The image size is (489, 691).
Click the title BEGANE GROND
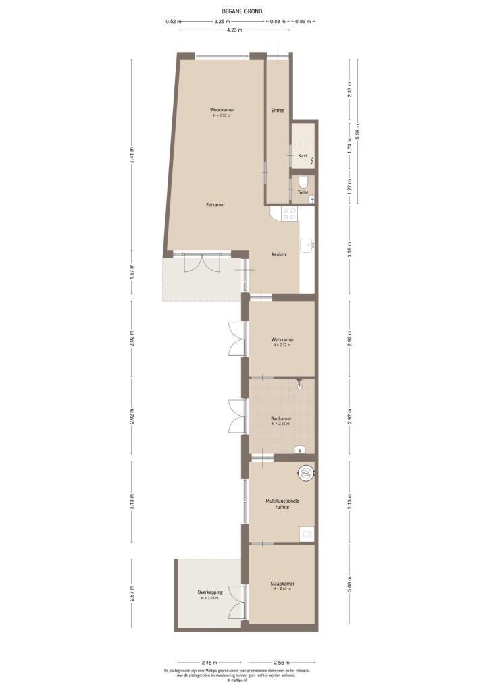[242, 11]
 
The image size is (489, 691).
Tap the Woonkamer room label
[222, 110]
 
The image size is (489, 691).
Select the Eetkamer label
[215, 204]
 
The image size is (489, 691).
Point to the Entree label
[278, 111]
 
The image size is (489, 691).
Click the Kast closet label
[303, 155]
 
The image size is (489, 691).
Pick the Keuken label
[279, 254]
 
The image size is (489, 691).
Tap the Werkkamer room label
[282, 339]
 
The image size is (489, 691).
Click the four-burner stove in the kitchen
[288, 213]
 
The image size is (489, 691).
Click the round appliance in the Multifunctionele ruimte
[307, 473]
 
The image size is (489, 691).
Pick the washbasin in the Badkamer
[301, 449]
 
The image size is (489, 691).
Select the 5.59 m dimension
[358, 131]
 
